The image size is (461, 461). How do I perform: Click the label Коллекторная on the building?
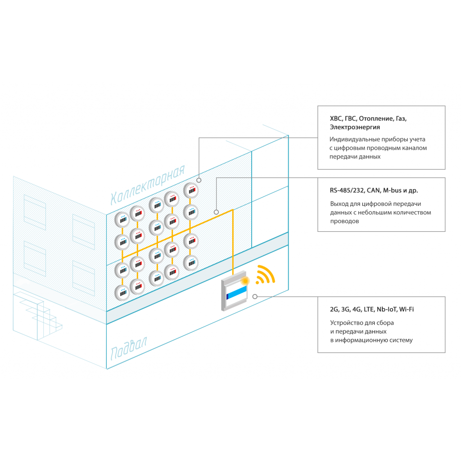click(148, 185)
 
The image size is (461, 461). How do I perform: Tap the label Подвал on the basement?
click(129, 348)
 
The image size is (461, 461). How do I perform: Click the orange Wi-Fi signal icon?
click(265, 275)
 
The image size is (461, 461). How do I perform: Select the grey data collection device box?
click(234, 291)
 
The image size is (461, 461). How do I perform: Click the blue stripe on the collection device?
click(237, 293)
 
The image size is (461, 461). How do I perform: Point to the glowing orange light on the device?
click(244, 281)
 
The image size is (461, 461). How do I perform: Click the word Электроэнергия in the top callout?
click(355, 127)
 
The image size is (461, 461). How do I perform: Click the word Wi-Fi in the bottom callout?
click(407, 309)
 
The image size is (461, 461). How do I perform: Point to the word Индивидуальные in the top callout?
click(353, 140)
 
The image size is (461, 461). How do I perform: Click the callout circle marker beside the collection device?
click(255, 297)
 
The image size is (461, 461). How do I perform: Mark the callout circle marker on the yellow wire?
click(216, 212)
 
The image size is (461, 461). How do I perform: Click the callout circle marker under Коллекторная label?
click(199, 180)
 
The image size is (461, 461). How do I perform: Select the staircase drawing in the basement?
click(37, 316)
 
